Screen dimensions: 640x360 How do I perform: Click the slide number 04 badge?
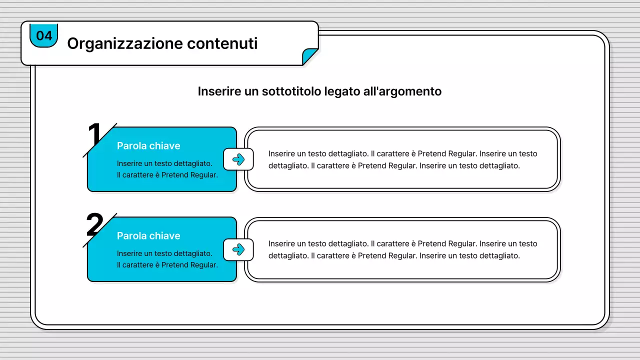coord(44,36)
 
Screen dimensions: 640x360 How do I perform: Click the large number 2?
coord(94,225)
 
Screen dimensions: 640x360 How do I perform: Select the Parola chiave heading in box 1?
coord(148,146)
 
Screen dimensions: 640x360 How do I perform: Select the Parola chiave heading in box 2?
coord(148,236)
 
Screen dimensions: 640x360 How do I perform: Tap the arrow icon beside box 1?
coord(238,159)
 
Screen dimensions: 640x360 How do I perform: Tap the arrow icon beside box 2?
coord(238,249)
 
